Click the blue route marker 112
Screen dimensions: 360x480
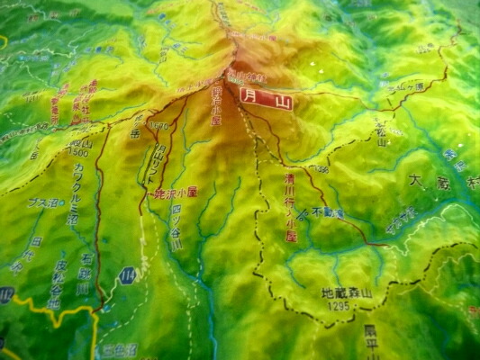click(x=6, y=294)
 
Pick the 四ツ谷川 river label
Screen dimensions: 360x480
click(x=177, y=228)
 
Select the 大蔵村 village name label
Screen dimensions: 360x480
click(x=442, y=184)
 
